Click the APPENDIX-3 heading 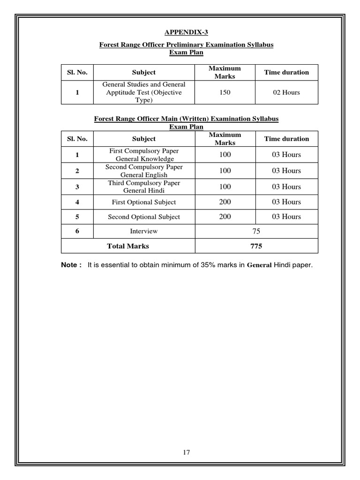pos(186,32)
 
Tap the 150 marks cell pos(225,92)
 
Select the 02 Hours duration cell pos(286,92)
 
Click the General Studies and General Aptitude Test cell pos(144,92)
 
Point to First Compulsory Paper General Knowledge pos(144,155)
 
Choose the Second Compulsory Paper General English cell pos(144,171)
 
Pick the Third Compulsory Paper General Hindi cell pos(144,187)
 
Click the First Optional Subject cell pos(144,202)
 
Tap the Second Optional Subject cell pos(144,217)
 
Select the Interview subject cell pos(144,231)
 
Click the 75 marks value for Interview pos(256,231)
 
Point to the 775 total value pos(256,246)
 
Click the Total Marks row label pos(128,246)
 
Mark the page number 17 pos(186,452)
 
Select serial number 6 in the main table pos(77,231)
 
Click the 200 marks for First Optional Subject pos(225,202)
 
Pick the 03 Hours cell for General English pos(286,171)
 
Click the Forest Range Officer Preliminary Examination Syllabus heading pos(186,45)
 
